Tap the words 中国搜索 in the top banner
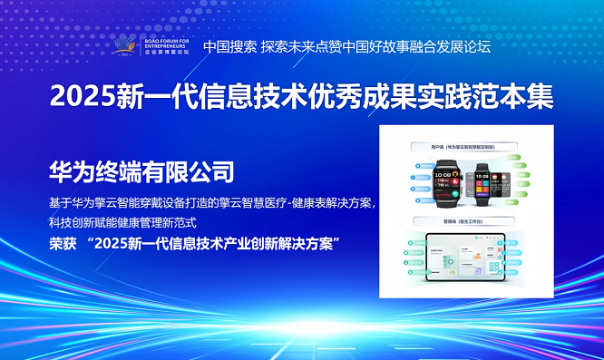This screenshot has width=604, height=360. [x=229, y=46]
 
